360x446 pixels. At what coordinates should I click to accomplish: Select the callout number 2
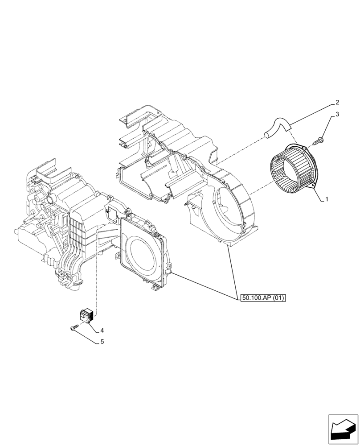(x=337, y=102)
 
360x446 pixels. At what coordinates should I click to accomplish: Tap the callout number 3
(x=337, y=115)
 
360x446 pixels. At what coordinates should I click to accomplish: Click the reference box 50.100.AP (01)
(x=262, y=297)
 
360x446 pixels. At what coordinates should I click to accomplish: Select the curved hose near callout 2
(x=276, y=128)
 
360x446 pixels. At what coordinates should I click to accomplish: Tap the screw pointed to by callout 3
(x=319, y=141)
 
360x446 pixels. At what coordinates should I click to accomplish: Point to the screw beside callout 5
(x=74, y=328)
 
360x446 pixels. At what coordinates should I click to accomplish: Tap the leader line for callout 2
(x=312, y=116)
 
